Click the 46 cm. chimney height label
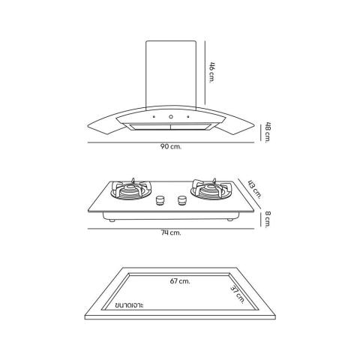[x=211, y=72]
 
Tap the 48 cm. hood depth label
[x=268, y=132]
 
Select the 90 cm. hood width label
[x=171, y=147]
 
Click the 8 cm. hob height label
[x=268, y=219]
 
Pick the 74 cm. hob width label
[x=171, y=232]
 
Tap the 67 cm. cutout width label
[x=180, y=281]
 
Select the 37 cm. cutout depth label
[x=237, y=295]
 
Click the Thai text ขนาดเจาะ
[x=129, y=305]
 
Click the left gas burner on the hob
[x=131, y=190]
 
